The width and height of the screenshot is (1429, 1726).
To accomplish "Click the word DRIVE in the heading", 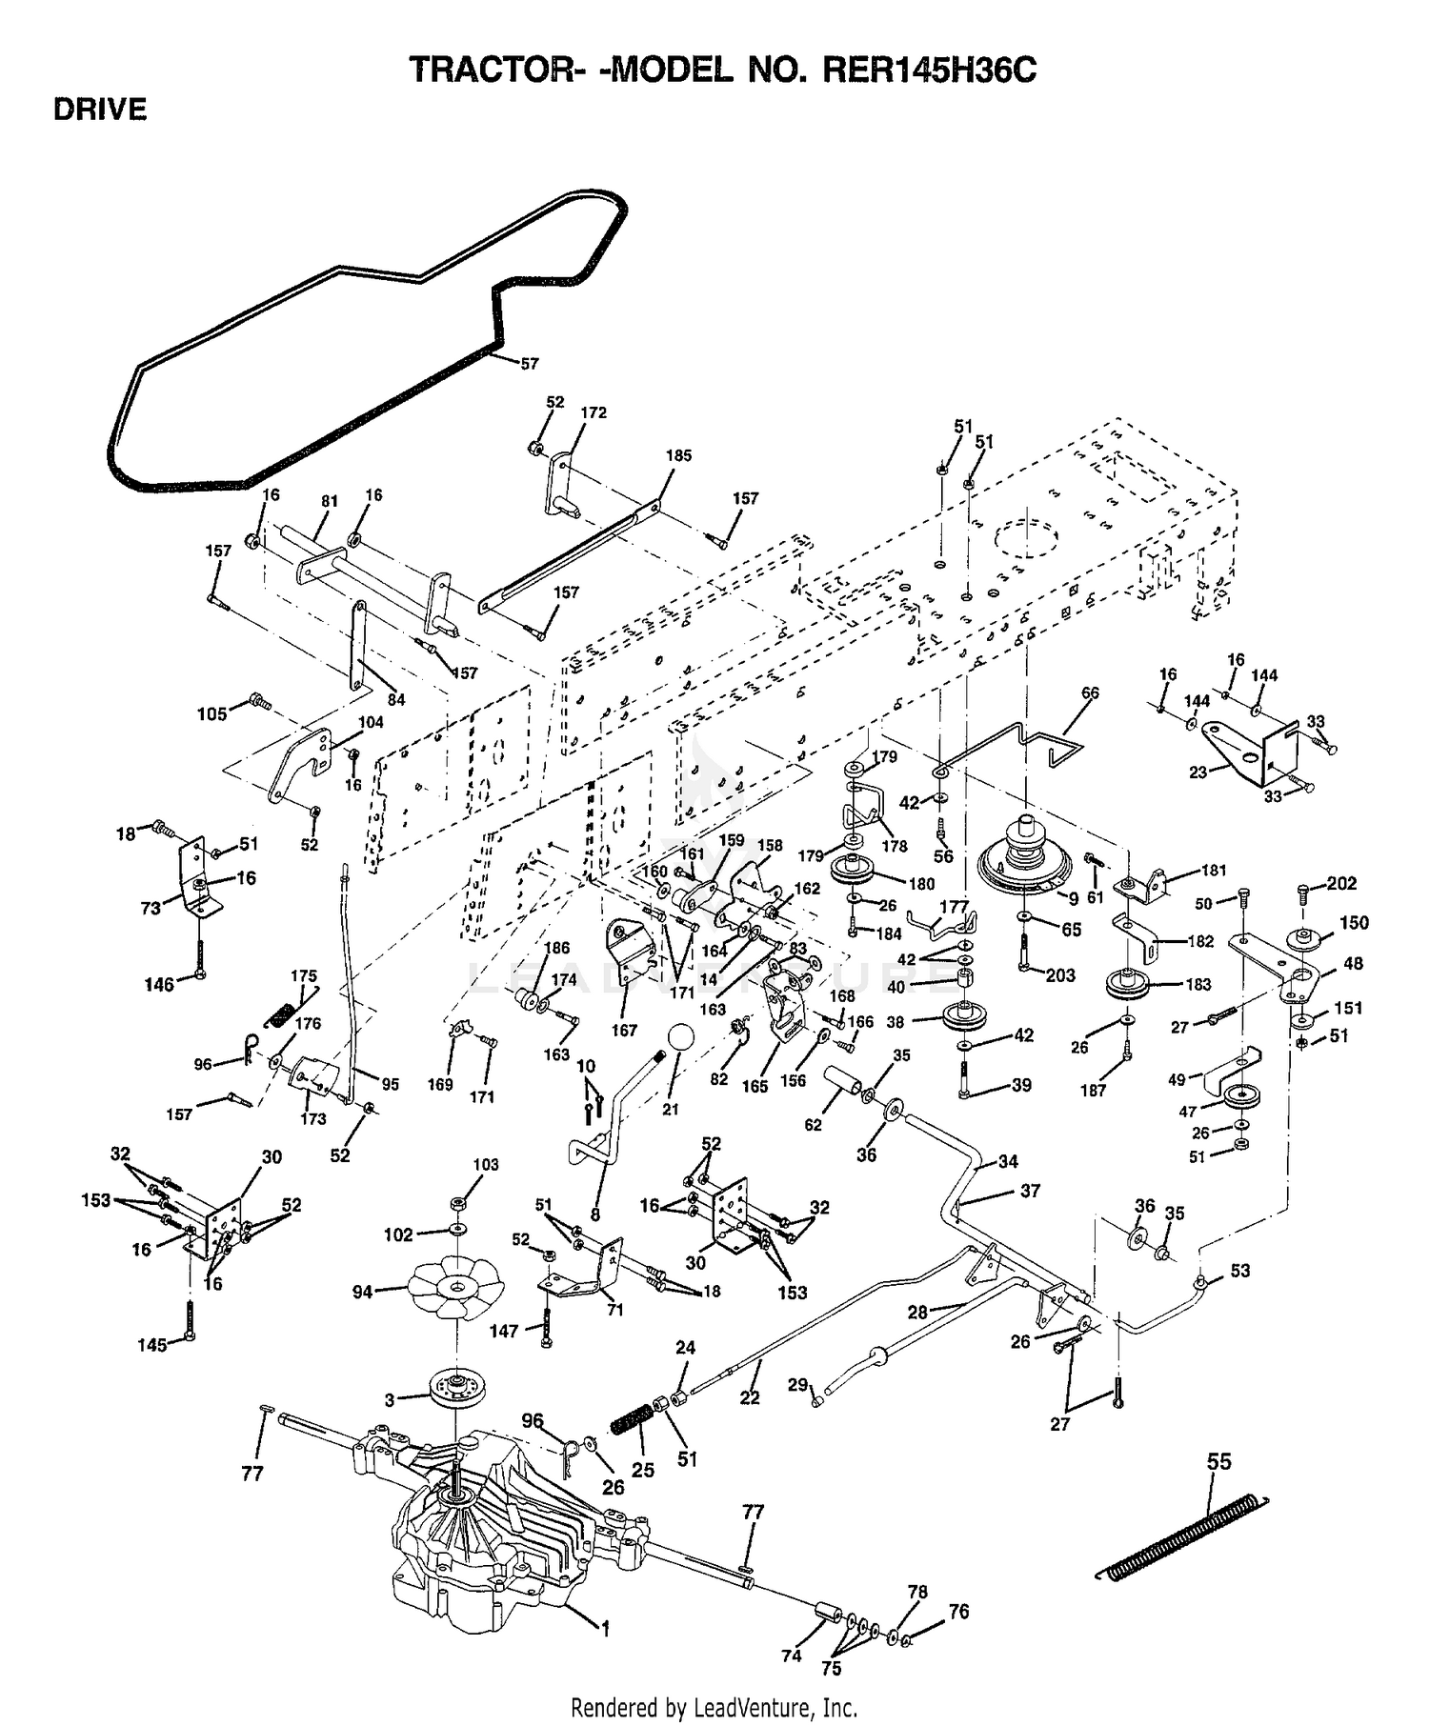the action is (100, 110).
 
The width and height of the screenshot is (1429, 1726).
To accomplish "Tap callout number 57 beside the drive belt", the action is (529, 363).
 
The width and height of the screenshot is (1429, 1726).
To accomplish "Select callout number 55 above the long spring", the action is (1219, 1460).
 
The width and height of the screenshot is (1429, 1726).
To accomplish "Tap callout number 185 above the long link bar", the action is (678, 455).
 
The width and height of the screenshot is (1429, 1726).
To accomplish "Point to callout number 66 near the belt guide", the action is (1090, 692).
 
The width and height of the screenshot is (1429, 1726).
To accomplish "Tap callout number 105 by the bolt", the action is (211, 714).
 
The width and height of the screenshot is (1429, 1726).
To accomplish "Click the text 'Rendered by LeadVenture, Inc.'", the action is (714, 1706).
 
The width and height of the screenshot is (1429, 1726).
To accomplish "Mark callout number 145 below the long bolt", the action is (151, 1345).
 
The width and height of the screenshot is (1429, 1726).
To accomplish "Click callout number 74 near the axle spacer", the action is (791, 1656).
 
